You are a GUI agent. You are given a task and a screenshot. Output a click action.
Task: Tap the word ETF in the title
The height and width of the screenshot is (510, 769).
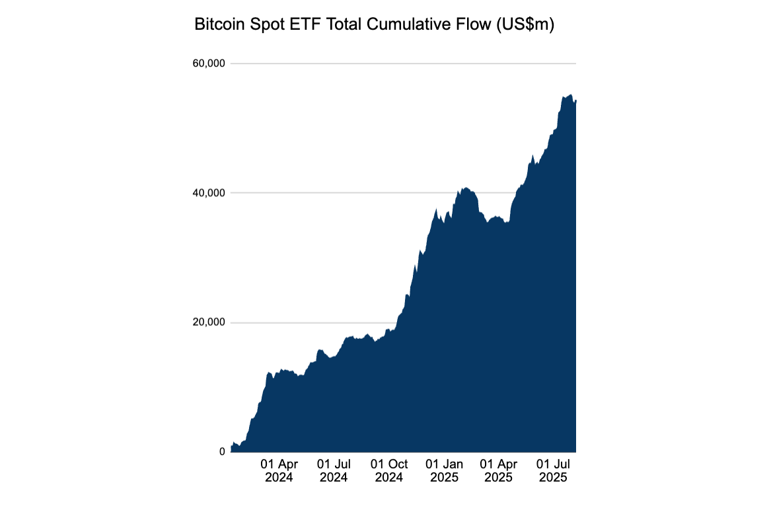tap(297, 26)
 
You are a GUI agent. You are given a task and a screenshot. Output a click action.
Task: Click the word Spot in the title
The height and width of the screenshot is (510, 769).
tap(263, 26)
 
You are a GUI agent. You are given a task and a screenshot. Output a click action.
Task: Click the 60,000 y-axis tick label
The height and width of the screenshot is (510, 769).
tap(209, 63)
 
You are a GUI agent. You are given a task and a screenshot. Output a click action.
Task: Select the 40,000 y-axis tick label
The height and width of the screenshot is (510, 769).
tap(209, 193)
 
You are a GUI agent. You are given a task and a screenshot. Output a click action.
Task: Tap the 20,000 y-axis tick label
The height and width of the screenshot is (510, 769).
tap(209, 322)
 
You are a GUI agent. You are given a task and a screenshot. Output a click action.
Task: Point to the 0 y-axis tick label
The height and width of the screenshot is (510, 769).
tap(222, 452)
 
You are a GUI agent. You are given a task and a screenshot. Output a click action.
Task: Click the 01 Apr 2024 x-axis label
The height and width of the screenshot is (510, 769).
tap(279, 470)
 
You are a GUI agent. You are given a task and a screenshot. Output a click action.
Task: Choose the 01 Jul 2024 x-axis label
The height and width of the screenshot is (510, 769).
tap(334, 470)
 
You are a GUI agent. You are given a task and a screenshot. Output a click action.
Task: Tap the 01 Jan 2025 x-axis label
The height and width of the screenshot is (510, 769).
tap(443, 470)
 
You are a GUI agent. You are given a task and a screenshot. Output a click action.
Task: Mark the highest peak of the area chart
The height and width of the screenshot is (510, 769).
tap(571, 95)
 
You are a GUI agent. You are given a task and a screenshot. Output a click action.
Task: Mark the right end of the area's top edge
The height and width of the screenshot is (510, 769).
tap(576, 100)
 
